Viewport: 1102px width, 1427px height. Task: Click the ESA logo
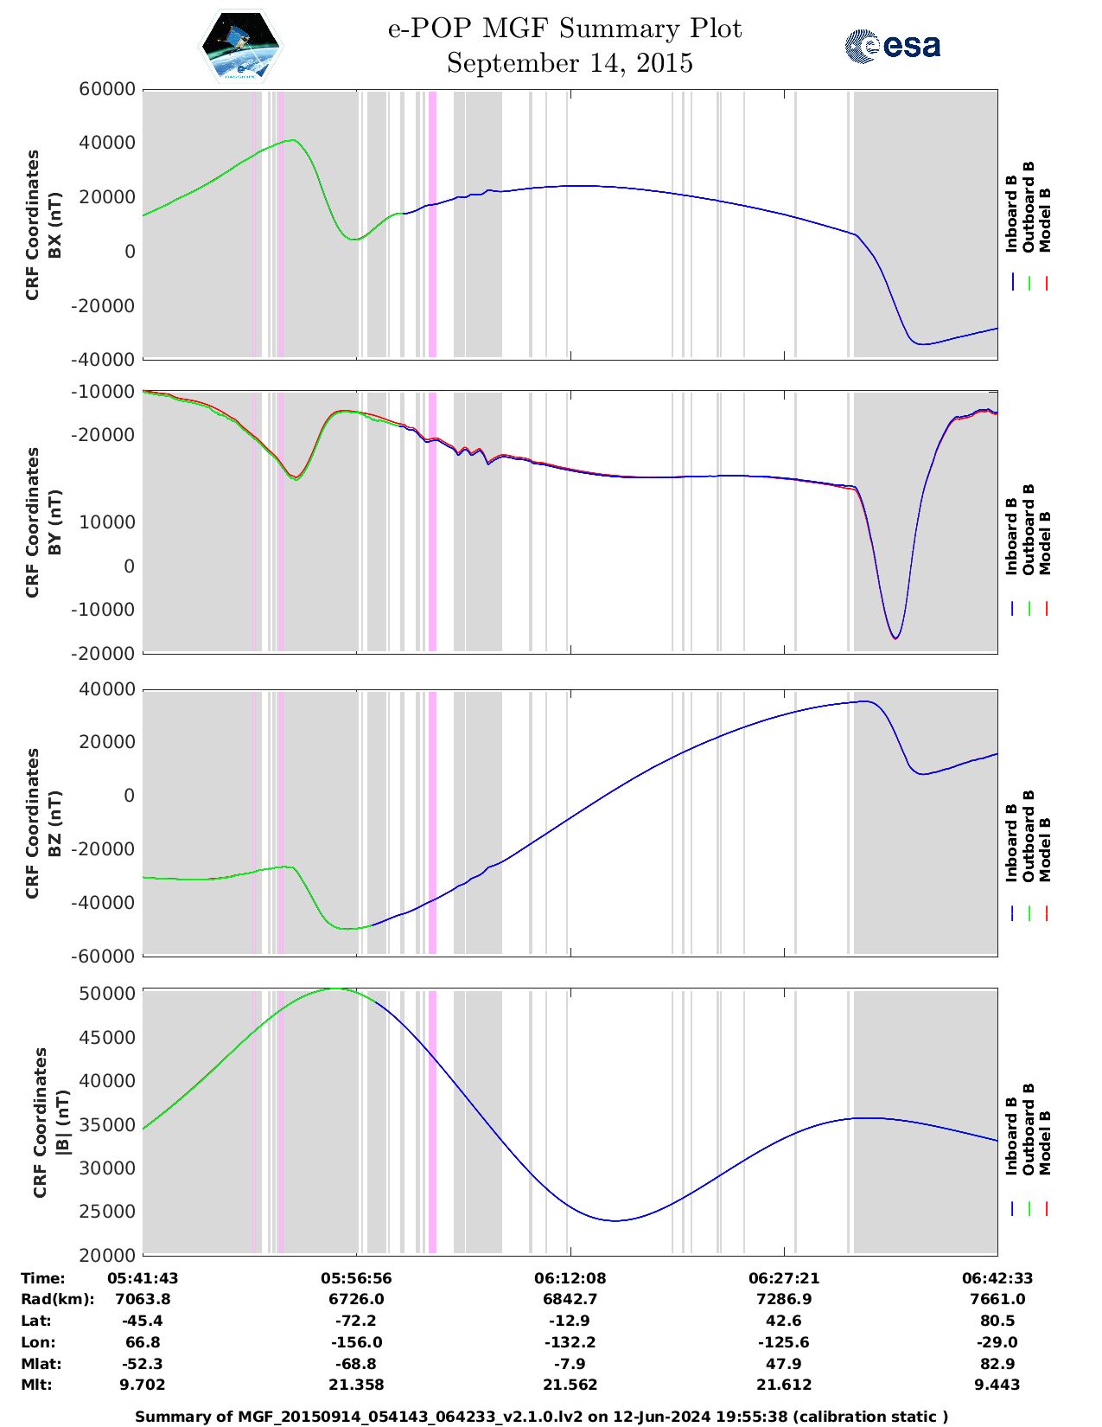pyautogui.click(x=893, y=46)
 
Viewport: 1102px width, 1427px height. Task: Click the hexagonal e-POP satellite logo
pyautogui.click(x=240, y=46)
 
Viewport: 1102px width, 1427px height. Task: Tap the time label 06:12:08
pyautogui.click(x=570, y=1278)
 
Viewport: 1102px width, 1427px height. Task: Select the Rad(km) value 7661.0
pyautogui.click(x=997, y=1299)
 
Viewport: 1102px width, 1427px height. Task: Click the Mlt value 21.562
pyautogui.click(x=570, y=1385)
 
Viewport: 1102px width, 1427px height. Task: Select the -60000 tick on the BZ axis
pyautogui.click(x=109, y=956)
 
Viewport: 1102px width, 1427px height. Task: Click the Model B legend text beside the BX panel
pyautogui.click(x=1045, y=220)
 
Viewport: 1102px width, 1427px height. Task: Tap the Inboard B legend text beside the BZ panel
pyautogui.click(x=1011, y=843)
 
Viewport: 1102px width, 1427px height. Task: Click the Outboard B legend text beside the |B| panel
pyautogui.click(x=1029, y=1129)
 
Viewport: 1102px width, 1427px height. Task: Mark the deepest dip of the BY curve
pyautogui.click(x=895, y=638)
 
